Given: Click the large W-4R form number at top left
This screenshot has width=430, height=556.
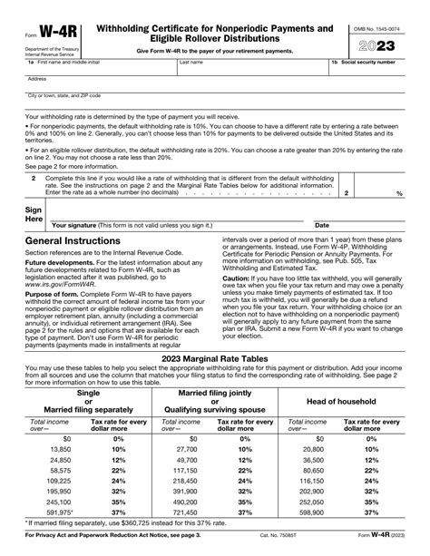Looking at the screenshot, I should click(53, 31).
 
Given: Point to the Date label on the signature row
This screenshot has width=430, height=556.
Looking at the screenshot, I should click(321, 225).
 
